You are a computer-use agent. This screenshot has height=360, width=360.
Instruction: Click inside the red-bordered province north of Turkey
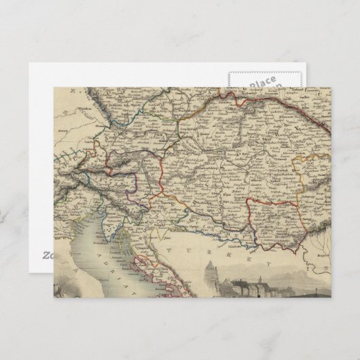pyautogui.click(x=272, y=217)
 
